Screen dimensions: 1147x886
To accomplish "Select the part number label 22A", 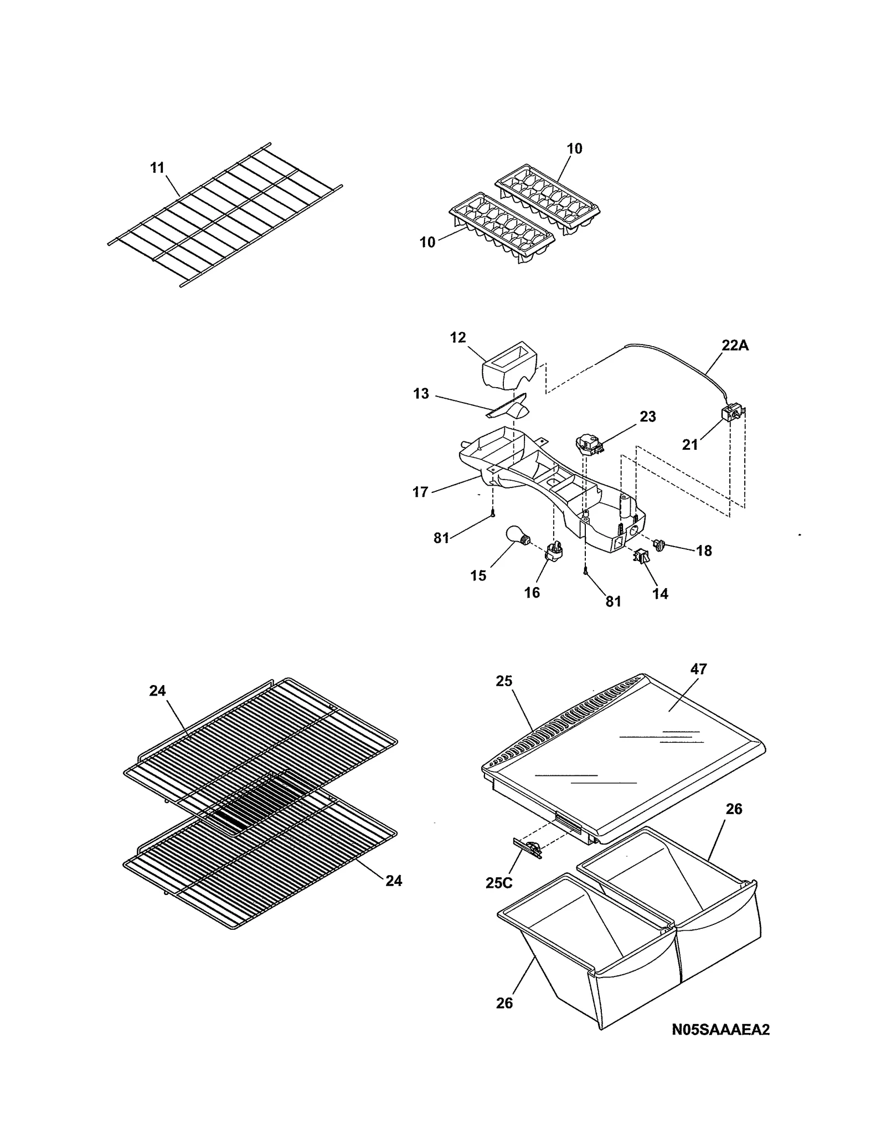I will (735, 346).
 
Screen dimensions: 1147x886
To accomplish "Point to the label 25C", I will (498, 883).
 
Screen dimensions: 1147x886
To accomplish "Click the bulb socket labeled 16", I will (554, 552).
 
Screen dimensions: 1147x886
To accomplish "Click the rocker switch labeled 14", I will (641, 556).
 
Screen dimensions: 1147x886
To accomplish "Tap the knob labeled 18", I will (660, 546).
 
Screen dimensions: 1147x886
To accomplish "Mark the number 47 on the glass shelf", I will (699, 669).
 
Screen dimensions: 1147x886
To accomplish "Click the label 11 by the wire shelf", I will (158, 167).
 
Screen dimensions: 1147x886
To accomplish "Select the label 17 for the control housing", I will (420, 491).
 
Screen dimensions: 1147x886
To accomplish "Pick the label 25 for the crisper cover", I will (504, 681).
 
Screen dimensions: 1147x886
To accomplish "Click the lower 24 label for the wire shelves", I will (394, 881).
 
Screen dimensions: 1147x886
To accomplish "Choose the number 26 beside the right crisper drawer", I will (734, 809).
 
